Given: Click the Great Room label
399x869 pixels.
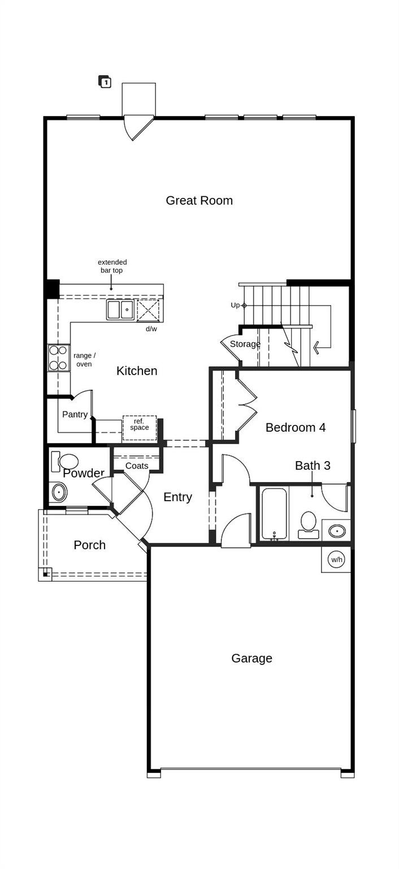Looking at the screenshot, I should click(199, 200).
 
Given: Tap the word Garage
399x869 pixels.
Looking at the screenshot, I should click(251, 658).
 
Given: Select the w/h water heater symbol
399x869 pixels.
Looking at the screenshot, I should click(337, 560).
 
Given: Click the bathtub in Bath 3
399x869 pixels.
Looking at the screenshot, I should click(274, 514).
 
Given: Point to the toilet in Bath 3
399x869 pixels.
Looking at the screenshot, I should click(309, 523).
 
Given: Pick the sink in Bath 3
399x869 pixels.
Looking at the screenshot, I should click(337, 531).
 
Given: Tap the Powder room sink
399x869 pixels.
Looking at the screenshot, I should click(59, 492).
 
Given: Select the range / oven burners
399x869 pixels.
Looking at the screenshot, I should click(58, 358).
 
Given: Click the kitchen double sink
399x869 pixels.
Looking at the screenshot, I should click(120, 310).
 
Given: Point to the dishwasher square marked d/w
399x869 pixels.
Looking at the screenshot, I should click(148, 311).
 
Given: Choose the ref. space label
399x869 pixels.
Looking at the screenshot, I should click(139, 424).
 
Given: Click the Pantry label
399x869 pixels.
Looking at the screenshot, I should click(75, 415).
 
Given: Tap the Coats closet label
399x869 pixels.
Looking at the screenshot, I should click(137, 466).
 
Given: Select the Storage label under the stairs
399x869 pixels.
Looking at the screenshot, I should click(245, 344).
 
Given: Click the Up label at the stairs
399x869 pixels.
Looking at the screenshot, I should click(235, 305).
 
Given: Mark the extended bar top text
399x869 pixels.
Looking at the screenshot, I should click(112, 266).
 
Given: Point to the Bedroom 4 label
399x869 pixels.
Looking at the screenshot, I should click(295, 427).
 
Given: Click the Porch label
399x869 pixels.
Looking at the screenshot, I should click(89, 545).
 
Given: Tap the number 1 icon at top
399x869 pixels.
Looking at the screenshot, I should click(105, 82).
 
